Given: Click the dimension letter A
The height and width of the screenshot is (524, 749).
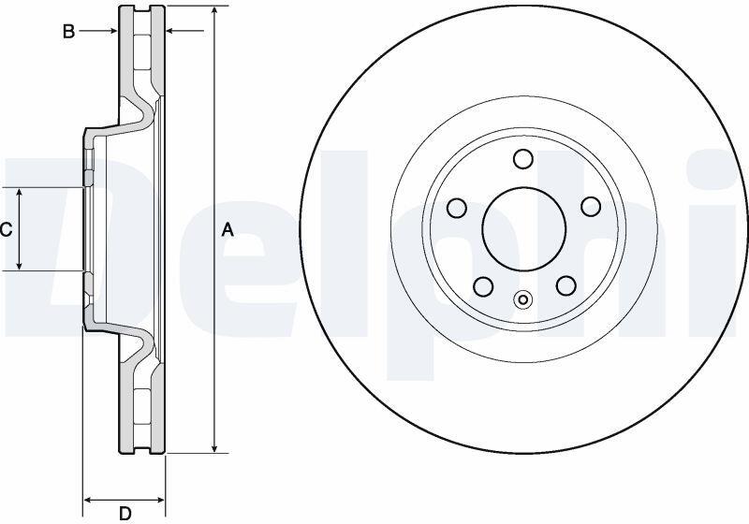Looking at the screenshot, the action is tap(228, 230).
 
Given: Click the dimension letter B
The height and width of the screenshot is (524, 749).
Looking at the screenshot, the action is tap(69, 32).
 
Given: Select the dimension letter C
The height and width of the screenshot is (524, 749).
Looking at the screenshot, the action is tap(6, 230).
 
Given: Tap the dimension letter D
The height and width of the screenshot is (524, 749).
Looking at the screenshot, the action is tap(125, 514).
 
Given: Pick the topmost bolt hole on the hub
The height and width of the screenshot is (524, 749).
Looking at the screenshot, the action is tap(523, 158).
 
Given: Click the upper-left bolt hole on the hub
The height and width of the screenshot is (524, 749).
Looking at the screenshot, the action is tap(457, 207).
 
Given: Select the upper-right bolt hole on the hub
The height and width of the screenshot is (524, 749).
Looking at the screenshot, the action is tap(591, 206).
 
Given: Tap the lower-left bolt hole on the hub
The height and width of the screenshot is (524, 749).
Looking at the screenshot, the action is tap(483, 286).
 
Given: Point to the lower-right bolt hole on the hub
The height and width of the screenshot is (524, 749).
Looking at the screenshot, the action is tap(566, 285).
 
